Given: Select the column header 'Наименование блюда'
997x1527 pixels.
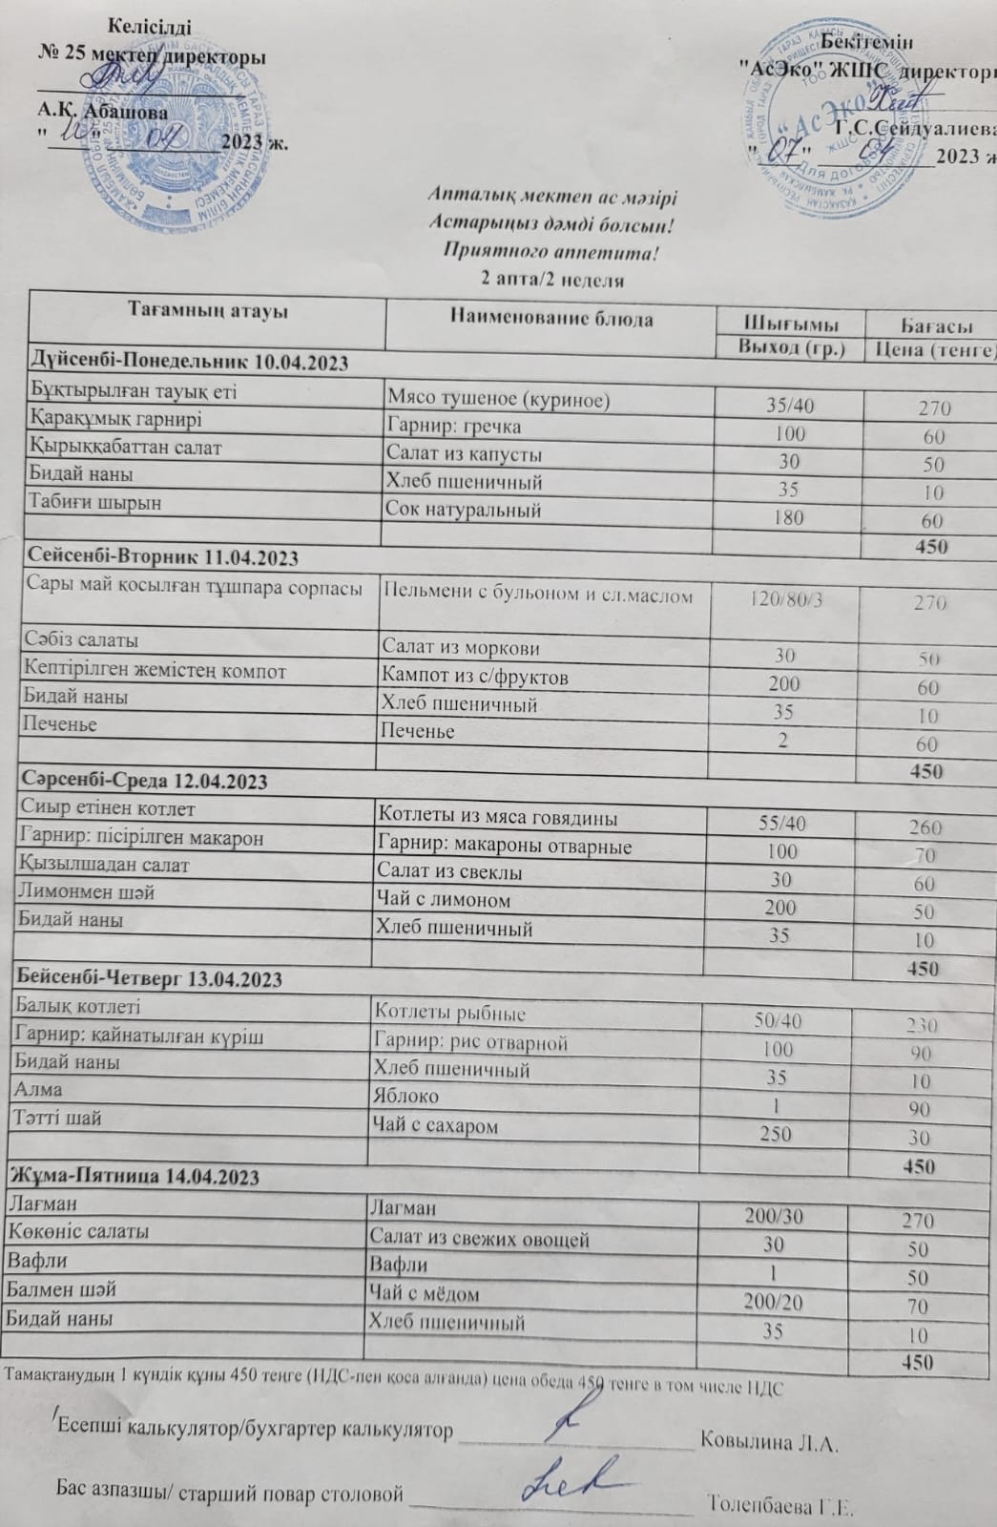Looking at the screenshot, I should (550, 319).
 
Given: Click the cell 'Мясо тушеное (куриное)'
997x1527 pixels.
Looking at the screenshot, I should (497, 400).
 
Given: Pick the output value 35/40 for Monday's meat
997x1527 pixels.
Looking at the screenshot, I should (791, 406).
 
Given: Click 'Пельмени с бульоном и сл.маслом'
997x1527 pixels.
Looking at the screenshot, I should (538, 594).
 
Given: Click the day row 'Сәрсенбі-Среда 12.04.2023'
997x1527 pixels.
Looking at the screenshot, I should (143, 781).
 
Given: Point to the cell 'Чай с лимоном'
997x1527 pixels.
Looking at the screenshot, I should (444, 900).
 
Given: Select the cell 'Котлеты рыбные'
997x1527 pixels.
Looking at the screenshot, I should (450, 1013).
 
